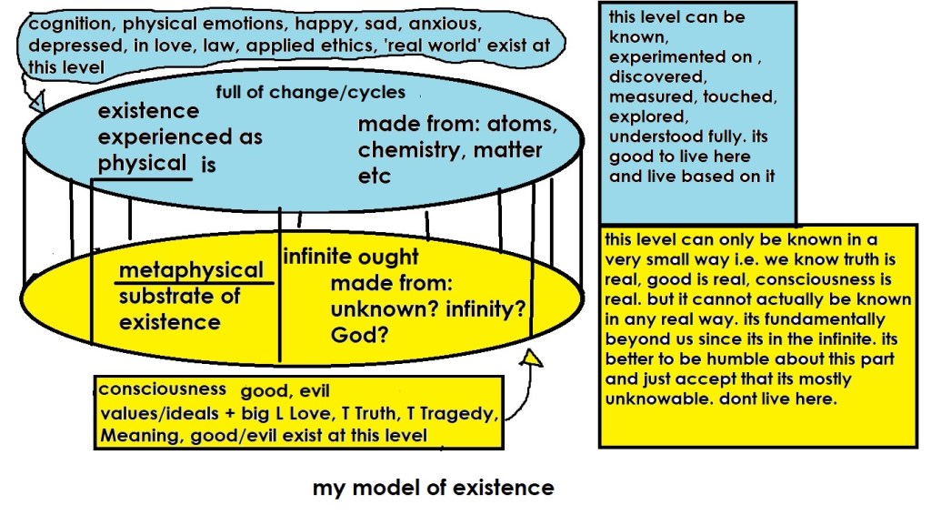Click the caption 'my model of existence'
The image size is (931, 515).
pyautogui.click(x=433, y=488)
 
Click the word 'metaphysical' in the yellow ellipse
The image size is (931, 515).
pyautogui.click(x=192, y=270)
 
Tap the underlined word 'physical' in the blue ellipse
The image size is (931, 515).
pyautogui.click(x=143, y=164)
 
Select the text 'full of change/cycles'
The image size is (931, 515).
pyautogui.click(x=310, y=93)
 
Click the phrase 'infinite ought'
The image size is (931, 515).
pyautogui.click(x=351, y=257)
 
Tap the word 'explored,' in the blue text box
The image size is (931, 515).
pyautogui.click(x=643, y=117)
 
